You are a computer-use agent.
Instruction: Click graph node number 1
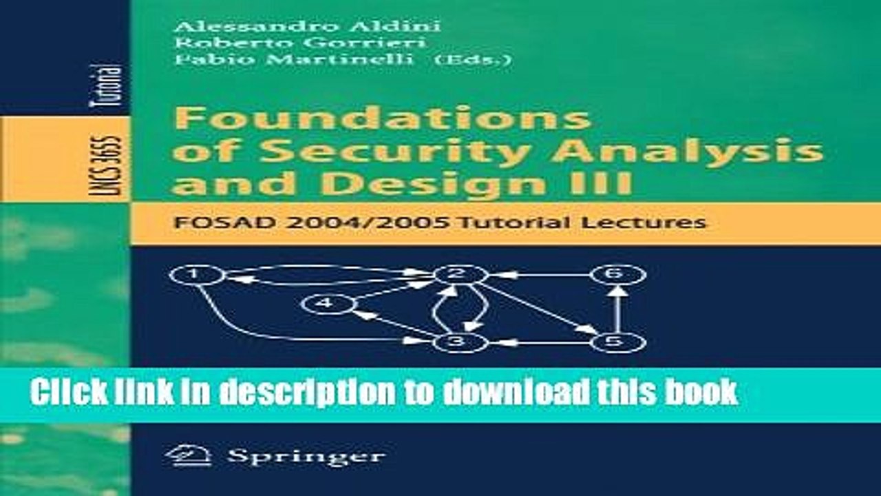pyautogui.click(x=197, y=275)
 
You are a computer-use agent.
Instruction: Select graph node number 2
pyautogui.click(x=460, y=274)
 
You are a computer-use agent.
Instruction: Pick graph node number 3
pyautogui.click(x=460, y=342)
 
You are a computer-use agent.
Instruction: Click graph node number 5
pyautogui.click(x=617, y=342)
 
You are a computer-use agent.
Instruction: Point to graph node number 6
pyautogui.click(x=617, y=274)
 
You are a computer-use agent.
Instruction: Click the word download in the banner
pyautogui.click(x=507, y=392)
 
